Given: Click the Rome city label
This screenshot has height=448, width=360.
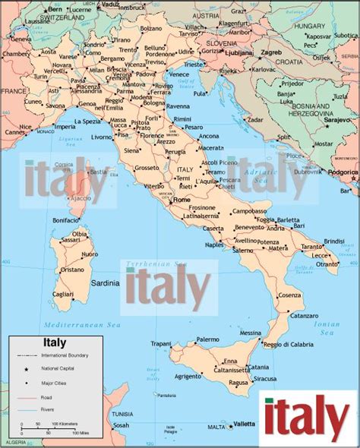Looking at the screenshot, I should [x=182, y=200].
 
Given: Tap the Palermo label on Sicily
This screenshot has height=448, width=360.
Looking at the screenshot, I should [x=207, y=339].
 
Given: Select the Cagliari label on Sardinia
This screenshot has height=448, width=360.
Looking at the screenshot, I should [x=63, y=294].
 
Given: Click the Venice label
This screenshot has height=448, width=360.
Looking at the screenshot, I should [x=179, y=74].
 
